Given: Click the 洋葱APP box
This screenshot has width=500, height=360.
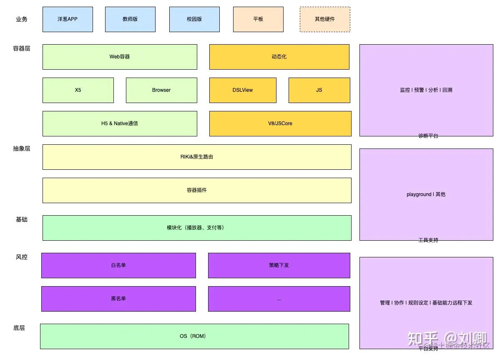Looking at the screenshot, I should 68,19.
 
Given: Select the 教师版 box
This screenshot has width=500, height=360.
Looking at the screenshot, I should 130,19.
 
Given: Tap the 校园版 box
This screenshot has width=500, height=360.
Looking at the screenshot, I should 194,19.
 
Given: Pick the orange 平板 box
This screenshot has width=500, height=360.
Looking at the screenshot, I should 258,19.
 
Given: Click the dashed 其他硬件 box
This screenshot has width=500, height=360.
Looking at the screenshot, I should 325,19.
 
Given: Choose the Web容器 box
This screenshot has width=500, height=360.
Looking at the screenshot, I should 120,57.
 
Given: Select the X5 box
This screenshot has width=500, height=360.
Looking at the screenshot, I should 78,90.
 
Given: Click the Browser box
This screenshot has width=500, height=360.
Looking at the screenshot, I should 161,90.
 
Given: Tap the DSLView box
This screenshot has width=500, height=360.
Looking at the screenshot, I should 243,90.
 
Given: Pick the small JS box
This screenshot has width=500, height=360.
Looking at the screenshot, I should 319,90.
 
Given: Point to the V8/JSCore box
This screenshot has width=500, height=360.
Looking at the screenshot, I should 280,123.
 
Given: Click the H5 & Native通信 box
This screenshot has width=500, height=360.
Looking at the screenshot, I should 120,123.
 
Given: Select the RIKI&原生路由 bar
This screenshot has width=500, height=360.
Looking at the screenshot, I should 197,157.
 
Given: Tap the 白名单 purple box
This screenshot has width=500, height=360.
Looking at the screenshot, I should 118,265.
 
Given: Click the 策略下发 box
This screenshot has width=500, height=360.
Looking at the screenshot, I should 279,265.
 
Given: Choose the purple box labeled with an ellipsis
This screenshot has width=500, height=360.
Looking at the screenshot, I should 279,299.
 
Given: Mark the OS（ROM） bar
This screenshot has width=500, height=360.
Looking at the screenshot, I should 194,336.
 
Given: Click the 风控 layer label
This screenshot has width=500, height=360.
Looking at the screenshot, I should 22,257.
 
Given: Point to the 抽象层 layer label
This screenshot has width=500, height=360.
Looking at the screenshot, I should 22,149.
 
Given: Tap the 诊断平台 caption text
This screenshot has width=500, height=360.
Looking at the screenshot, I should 428,136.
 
